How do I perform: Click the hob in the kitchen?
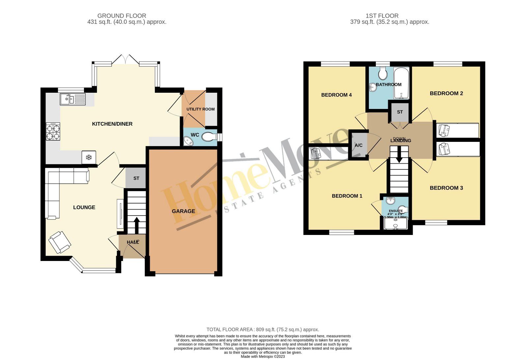click(x=53, y=132)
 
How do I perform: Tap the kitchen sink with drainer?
click(x=72, y=99)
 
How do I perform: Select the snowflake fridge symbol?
click(x=89, y=157)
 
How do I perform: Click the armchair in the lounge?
click(x=60, y=243)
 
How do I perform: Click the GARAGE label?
click(x=183, y=211)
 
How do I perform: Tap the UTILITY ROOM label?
click(x=200, y=109)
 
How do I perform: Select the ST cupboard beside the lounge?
click(x=136, y=178)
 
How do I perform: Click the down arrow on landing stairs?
click(x=399, y=154)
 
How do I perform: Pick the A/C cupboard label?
click(x=358, y=145)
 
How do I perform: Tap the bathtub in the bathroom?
click(x=402, y=83)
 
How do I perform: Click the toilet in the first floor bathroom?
click(x=383, y=74)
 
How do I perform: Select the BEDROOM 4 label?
click(x=336, y=95)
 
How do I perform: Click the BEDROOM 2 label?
click(x=446, y=93)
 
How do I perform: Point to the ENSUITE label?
click(x=396, y=211)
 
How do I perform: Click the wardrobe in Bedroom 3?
click(x=458, y=149)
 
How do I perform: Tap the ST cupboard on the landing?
click(x=400, y=112)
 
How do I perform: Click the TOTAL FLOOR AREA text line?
click(x=263, y=329)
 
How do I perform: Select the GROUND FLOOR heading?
click(x=122, y=16)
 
